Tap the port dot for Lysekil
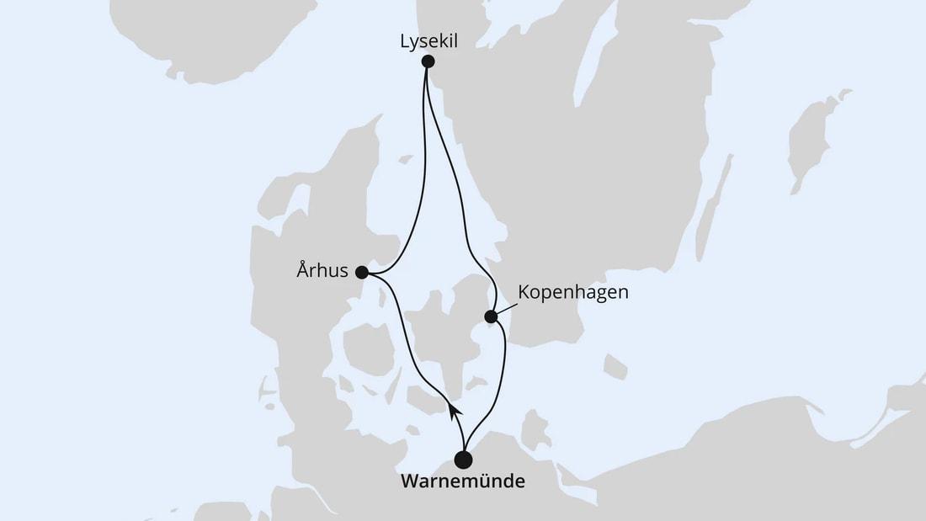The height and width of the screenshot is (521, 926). click(428, 61)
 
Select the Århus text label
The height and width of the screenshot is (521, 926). click(322, 272)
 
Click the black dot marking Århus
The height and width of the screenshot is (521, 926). click(362, 272)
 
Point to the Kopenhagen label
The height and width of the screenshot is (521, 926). click(573, 293)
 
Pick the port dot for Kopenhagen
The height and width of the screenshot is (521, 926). click(491, 316)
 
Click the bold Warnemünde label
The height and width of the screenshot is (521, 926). click(463, 482)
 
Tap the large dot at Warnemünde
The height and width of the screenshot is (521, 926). click(463, 460)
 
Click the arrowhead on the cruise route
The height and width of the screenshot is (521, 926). click(454, 410)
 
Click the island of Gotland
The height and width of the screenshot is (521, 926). click(811, 135)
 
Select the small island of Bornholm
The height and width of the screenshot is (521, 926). click(615, 367)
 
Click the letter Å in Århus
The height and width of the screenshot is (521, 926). click(301, 271)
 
